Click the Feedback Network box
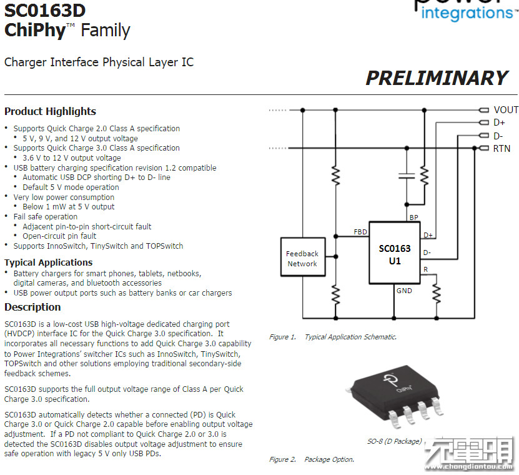click(303, 257)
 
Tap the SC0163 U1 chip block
click(395, 252)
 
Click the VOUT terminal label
click(506, 110)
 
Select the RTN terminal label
click(502, 149)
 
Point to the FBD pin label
click(360, 232)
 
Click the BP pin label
click(413, 217)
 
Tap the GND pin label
click(404, 291)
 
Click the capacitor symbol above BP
click(407, 176)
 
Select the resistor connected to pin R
click(437, 293)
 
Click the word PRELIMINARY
click(437, 78)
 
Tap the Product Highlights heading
click(51, 112)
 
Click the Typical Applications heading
click(48, 262)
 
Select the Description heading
click(32, 307)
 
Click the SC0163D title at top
click(45, 11)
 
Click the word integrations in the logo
click(467, 14)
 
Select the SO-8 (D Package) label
click(394, 441)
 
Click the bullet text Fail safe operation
click(46, 217)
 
